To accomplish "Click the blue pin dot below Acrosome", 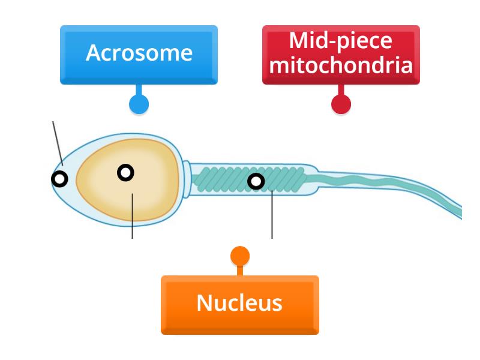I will click(139, 104).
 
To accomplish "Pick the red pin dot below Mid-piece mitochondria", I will click(341, 104).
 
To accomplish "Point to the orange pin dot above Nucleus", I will click(240, 256).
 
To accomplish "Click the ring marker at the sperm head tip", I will click(59, 178).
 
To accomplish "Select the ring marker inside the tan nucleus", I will click(125, 173).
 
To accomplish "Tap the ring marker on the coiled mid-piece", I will click(256, 181).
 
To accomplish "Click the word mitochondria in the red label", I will click(341, 64).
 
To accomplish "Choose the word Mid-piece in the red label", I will click(341, 42).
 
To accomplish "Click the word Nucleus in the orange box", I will click(239, 303).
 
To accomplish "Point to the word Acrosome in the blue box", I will click(139, 53).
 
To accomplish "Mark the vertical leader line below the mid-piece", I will click(272, 216).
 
